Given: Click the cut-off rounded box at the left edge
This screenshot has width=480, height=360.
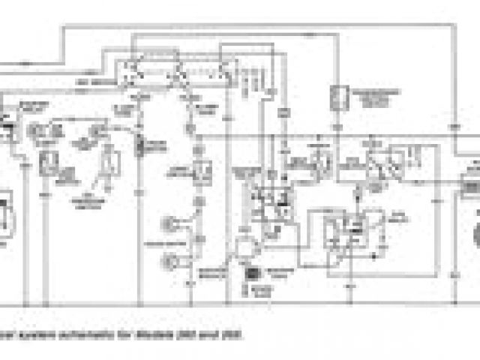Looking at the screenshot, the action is tap(4, 210).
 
